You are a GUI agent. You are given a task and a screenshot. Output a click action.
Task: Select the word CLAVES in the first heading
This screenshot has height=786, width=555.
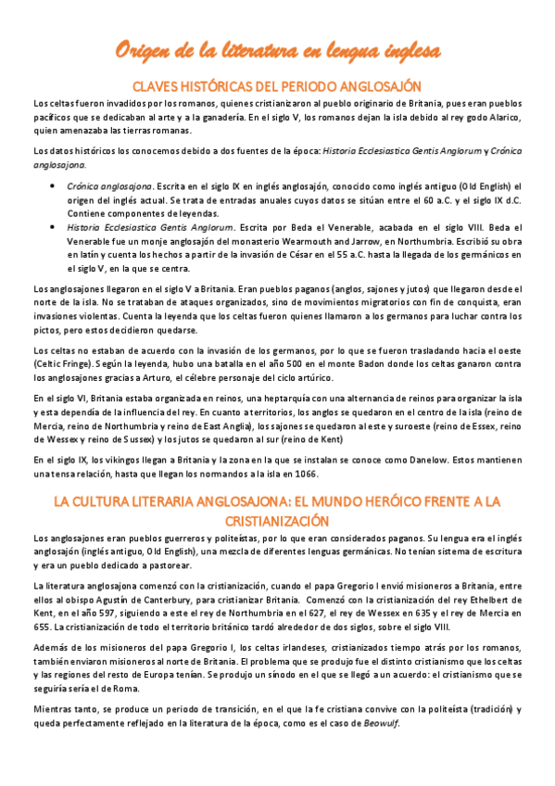tap(158, 83)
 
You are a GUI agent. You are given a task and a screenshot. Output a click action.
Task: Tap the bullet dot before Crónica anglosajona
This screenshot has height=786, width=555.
tap(51, 186)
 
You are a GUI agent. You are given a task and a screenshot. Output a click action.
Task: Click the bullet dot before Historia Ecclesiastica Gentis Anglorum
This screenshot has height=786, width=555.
tap(51, 225)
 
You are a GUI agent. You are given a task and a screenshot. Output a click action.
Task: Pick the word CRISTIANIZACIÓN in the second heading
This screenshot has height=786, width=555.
tap(277, 520)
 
